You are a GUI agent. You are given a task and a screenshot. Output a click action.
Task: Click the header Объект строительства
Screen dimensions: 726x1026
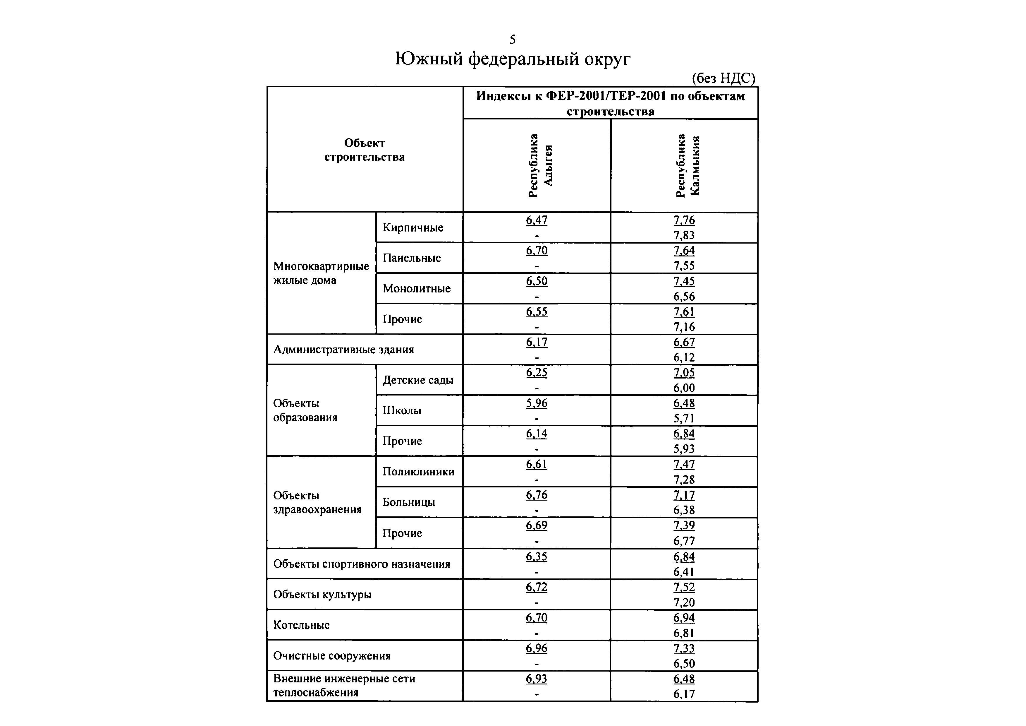(364, 150)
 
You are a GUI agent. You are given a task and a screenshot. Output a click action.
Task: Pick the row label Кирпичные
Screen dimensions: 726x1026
(413, 227)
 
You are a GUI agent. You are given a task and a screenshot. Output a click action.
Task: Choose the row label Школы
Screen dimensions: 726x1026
(401, 411)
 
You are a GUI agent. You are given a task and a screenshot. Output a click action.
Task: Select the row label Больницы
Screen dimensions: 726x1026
(408, 502)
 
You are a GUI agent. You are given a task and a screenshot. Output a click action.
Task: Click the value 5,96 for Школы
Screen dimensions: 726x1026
(536, 403)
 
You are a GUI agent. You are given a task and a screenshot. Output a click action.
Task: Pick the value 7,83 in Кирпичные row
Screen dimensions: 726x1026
(684, 235)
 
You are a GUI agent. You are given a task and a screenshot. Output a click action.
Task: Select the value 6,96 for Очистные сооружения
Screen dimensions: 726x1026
(536, 648)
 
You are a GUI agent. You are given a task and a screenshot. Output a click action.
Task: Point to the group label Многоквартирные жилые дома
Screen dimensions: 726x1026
(321, 273)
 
